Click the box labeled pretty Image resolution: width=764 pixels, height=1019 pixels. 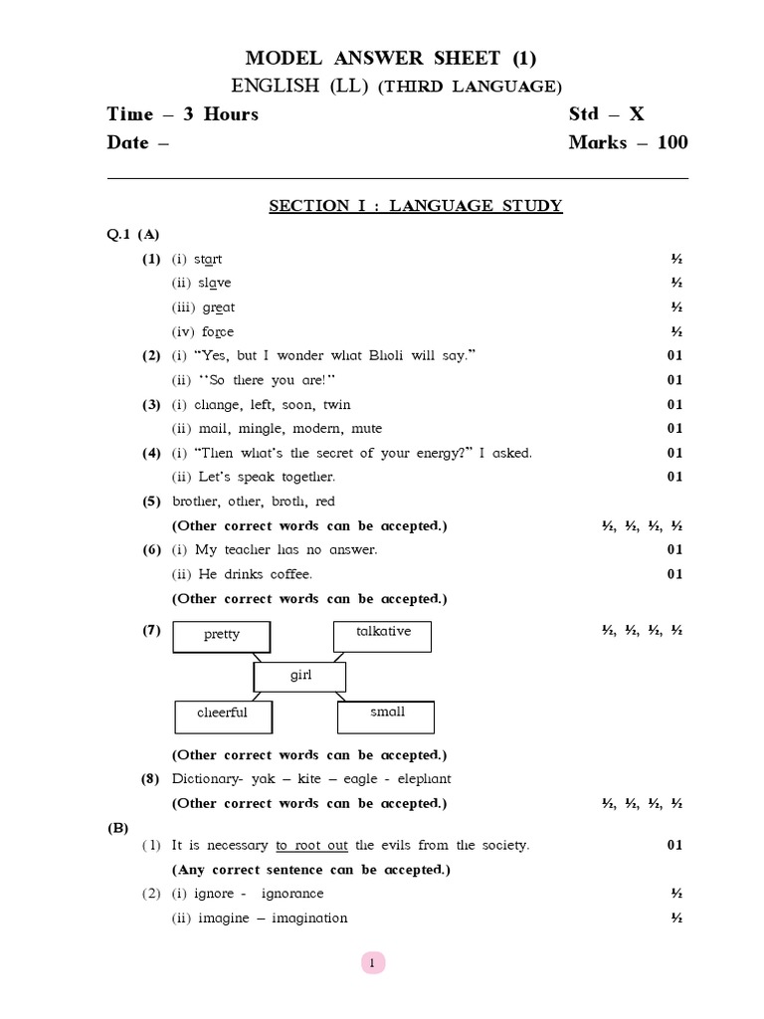coord(221,636)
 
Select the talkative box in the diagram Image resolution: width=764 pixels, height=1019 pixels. coord(383,636)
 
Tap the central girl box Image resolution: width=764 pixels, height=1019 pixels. coord(299,677)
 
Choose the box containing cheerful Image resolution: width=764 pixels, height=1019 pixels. coord(223,716)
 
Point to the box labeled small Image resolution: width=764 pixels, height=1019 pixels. coord(386,716)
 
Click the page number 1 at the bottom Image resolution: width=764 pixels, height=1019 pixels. coord(372,962)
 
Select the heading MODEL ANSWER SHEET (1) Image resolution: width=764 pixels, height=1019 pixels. coord(397,59)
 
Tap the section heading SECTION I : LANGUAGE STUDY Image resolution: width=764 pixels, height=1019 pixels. coord(416,206)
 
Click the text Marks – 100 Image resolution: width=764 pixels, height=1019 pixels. coord(628,142)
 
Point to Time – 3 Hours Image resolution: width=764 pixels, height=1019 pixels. coord(182,114)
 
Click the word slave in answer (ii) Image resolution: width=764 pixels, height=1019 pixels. coord(214,283)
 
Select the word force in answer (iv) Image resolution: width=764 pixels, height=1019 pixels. coord(217,331)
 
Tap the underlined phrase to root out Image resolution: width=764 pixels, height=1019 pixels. coord(311,846)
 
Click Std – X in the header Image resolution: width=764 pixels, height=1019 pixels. coord(606,114)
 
